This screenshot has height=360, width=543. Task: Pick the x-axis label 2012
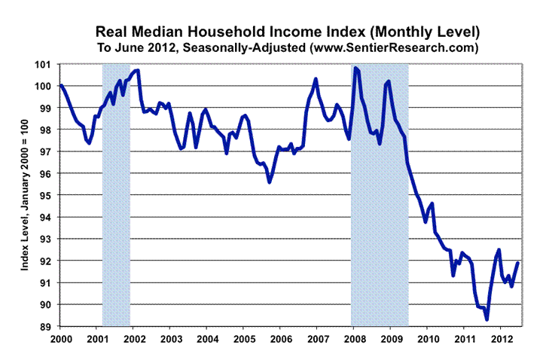pyautogui.click(x=501, y=339)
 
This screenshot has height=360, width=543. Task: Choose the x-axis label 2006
pyautogui.click(x=280, y=339)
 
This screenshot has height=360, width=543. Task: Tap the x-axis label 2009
pyautogui.click(x=390, y=339)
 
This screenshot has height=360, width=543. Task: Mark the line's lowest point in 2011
pyautogui.click(x=487, y=319)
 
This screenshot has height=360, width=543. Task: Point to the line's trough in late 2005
pyautogui.click(x=269, y=182)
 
